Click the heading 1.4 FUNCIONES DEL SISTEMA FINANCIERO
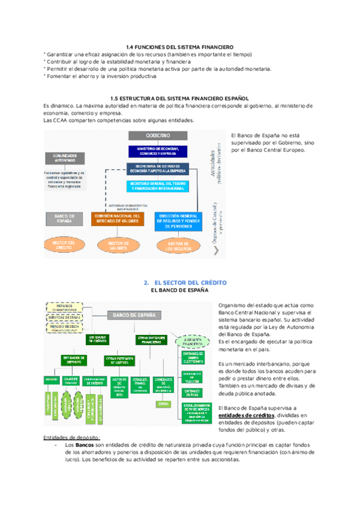click(x=179, y=47)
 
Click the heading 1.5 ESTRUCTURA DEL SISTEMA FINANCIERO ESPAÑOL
click(x=179, y=98)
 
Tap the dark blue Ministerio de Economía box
click(x=157, y=151)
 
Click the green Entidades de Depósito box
click(x=74, y=359)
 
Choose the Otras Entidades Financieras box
click(x=152, y=339)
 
